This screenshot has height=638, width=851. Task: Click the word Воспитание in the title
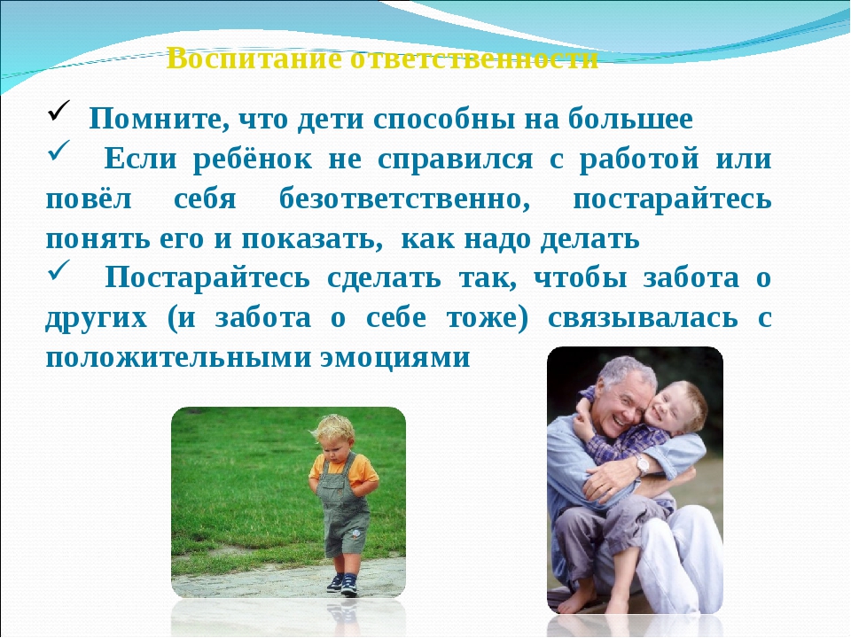coord(254,58)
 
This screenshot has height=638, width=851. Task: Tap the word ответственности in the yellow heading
coord(474,58)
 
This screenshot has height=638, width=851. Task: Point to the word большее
coord(630,118)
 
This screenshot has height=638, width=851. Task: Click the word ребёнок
coord(253,159)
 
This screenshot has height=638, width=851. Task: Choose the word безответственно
coord(404,199)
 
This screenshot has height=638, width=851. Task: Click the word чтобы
coord(580,278)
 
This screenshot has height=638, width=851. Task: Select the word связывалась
coord(643,318)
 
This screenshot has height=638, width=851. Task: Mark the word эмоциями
coord(395,358)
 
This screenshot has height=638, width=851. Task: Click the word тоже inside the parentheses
coord(483,318)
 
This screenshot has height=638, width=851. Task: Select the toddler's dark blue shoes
coord(342,584)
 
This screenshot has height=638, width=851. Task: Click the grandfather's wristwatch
coord(643,464)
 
